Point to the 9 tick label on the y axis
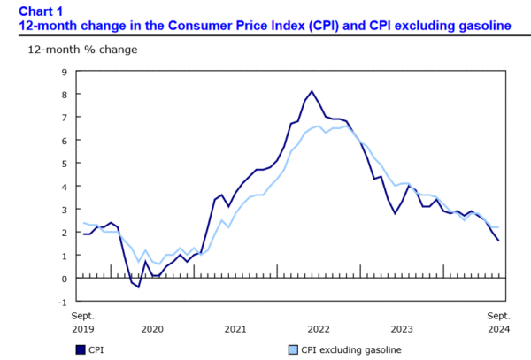coord(65,71)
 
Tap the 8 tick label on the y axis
coord(65,94)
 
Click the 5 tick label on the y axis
coord(65,163)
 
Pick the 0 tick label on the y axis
coord(65,278)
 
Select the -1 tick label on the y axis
coord(63,301)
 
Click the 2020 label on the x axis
coord(152,329)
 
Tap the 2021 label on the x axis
coord(235,329)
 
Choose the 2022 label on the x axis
coord(319,329)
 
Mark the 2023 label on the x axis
coord(402,329)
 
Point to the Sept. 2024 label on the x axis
coord(498,322)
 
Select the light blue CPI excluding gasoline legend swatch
coord(292,349)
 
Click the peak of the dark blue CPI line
coord(312,91)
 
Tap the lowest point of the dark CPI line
coord(138,287)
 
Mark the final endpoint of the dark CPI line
coord(497,241)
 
